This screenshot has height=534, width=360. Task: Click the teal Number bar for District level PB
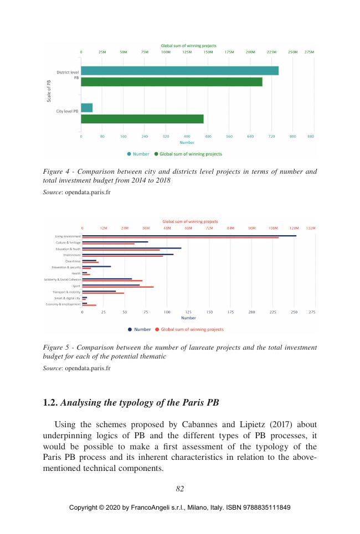[x=179, y=71]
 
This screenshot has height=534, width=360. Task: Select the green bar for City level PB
[x=142, y=119]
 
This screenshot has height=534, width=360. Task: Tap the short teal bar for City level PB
[x=86, y=108]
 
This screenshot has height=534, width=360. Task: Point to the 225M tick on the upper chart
[x=271, y=51]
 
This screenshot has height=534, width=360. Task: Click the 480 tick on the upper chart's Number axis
[x=208, y=136]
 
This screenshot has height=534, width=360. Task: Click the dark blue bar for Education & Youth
[x=131, y=248]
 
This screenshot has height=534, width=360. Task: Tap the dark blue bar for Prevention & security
[x=96, y=266]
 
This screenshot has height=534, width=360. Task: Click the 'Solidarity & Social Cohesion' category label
[x=63, y=279]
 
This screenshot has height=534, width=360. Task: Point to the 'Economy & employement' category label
[x=63, y=304]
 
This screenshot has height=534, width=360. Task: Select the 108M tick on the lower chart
[x=272, y=228]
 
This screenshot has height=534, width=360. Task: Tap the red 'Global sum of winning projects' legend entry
[x=192, y=329]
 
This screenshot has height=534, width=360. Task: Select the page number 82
[x=179, y=488]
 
